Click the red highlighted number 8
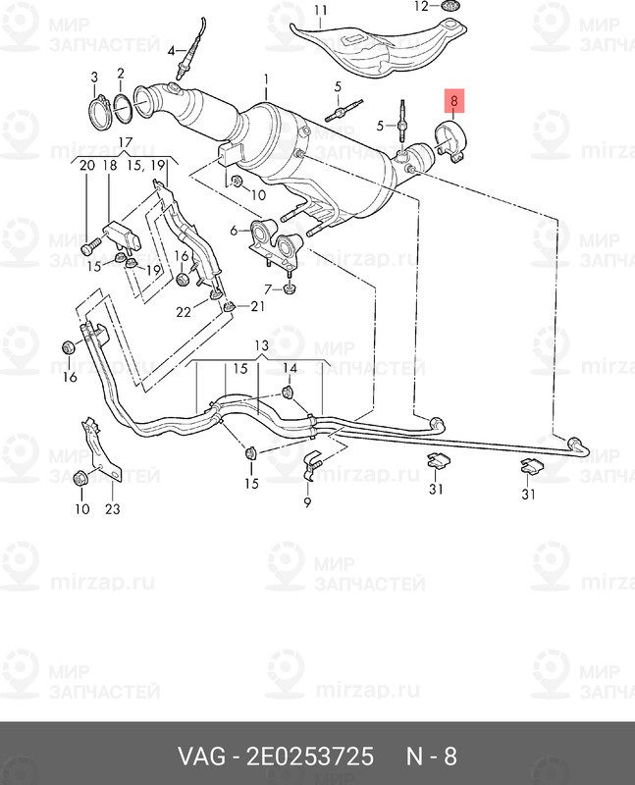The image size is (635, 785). [x=454, y=101]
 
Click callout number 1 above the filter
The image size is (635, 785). [x=266, y=79]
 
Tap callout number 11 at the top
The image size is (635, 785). [x=321, y=11]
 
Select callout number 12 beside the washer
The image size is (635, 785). [x=422, y=6]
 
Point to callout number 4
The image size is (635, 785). [x=171, y=51]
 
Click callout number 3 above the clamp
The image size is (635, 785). [x=94, y=78]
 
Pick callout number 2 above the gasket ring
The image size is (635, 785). [x=120, y=74]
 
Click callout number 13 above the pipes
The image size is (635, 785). [x=261, y=345]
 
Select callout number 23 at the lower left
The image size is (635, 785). [x=113, y=508]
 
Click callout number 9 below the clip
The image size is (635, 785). [x=307, y=501]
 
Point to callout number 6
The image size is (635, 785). [x=234, y=231]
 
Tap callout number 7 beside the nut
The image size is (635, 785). [x=268, y=288]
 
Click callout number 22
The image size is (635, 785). [x=184, y=312]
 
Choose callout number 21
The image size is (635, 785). [x=257, y=305]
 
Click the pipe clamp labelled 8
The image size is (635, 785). [x=450, y=141]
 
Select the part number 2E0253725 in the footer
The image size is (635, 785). [x=309, y=756]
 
